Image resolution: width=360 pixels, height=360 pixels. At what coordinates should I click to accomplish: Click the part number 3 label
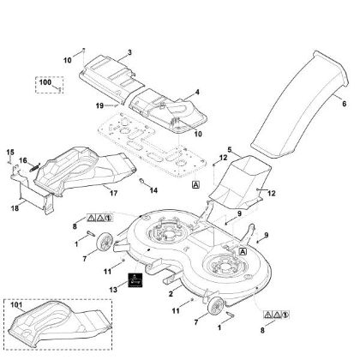point(129,52)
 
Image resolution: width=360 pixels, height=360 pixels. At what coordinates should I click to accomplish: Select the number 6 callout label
point(344,104)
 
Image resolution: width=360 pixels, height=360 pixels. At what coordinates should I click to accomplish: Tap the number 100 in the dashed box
point(45,82)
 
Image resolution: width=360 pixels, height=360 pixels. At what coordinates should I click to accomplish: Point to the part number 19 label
point(99,106)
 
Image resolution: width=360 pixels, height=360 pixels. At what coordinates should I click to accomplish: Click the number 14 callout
point(153,190)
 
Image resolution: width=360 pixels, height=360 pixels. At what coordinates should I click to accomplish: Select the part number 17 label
point(114,193)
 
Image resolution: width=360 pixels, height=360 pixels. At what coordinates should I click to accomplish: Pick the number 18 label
point(15,208)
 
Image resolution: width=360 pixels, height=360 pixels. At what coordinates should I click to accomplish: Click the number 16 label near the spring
point(23,160)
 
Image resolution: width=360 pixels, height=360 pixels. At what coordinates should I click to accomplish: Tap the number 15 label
point(10,152)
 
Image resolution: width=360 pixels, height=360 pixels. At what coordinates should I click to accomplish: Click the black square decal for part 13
point(135,279)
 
